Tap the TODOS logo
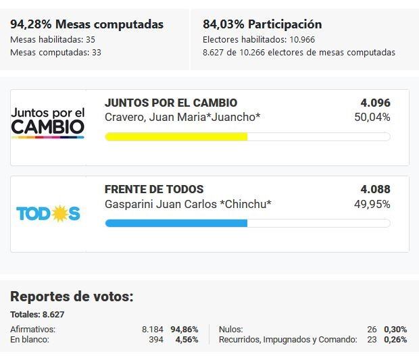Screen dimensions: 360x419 pyautogui.click(x=48, y=213)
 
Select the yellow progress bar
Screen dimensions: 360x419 pyautogui.click(x=176, y=136)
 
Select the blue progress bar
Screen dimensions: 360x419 pyautogui.click(x=176, y=223)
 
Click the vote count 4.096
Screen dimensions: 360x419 pyautogui.click(x=375, y=103)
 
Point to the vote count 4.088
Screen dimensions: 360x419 pyautogui.click(x=375, y=190)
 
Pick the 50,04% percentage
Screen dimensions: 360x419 pyautogui.click(x=372, y=118)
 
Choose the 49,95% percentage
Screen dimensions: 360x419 pyautogui.click(x=372, y=204)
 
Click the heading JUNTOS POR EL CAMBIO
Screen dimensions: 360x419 pyautogui.click(x=171, y=103)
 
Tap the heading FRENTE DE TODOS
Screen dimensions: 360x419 pyautogui.click(x=154, y=190)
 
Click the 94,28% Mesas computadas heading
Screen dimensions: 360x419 pyautogui.click(x=87, y=25)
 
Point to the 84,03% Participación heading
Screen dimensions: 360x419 pyautogui.click(x=262, y=25)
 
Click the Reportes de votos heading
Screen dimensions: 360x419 pyautogui.click(x=72, y=297)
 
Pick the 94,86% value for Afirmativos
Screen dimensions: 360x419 pyautogui.click(x=184, y=329)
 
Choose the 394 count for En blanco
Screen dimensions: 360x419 pyautogui.click(x=156, y=339)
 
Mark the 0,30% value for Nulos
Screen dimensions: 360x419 pyautogui.click(x=395, y=329)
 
